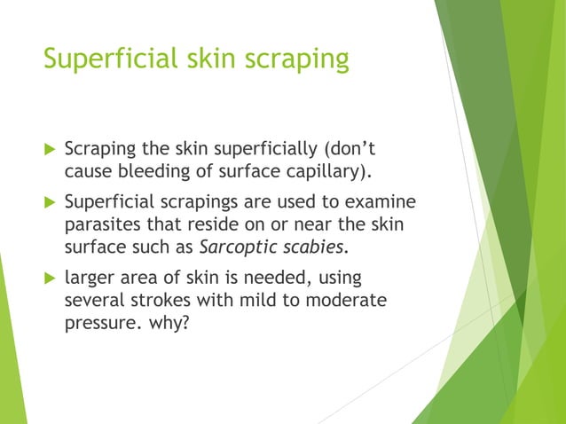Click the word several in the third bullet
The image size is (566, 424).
[x=93, y=301]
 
